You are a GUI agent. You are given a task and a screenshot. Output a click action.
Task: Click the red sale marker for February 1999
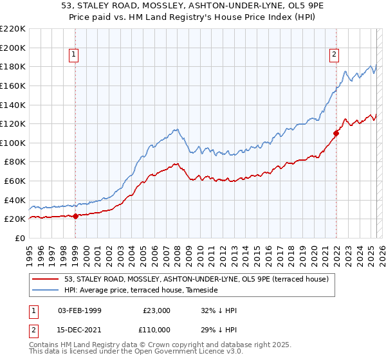tap(75, 216)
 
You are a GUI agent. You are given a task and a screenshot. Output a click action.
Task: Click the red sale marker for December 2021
tap(336, 134)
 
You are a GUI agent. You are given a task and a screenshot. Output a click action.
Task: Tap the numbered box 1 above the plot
tap(75, 55)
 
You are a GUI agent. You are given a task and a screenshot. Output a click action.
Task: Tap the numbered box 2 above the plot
tap(335, 55)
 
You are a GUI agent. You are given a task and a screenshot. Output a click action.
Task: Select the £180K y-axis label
tap(12, 66)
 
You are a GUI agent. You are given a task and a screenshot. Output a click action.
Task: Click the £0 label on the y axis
tap(19, 238)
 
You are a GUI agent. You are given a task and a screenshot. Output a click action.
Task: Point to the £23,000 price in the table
tap(157, 310)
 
